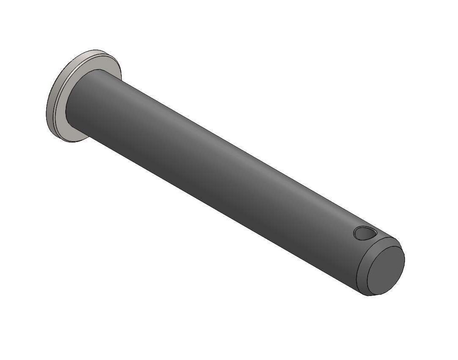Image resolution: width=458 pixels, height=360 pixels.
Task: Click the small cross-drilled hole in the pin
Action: click(364, 233)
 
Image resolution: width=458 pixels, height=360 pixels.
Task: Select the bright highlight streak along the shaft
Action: click(237, 157)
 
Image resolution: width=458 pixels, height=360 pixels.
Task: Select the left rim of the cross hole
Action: click(355, 232)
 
